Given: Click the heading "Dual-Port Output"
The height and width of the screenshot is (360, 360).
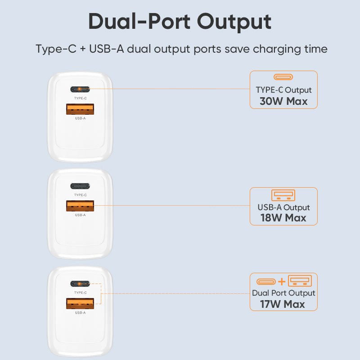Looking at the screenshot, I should point(180,22).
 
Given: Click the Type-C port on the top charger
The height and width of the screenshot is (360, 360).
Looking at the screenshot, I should point(80,89).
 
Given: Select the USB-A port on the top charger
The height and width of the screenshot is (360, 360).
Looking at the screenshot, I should point(80,109).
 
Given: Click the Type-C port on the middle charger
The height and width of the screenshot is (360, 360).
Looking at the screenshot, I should point(80,186).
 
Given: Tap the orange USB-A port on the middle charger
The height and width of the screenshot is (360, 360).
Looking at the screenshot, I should point(80,206).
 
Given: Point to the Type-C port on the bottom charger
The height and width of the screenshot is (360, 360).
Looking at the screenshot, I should point(80,283).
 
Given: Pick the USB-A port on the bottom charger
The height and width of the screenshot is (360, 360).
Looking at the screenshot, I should point(80,304).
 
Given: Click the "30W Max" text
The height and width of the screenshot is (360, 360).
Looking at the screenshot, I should point(283,101).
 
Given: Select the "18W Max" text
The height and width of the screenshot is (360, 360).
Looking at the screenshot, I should point(283,218).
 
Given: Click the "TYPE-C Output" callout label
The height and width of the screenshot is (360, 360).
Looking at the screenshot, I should point(283,90).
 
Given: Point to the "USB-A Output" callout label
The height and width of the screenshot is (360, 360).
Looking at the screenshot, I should point(283,207).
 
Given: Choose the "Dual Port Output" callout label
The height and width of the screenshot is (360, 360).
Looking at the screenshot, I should point(283,293).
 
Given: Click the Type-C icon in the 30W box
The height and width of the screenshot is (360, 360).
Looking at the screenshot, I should point(283,77).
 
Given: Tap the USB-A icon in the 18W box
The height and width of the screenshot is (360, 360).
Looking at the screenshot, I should point(283,195).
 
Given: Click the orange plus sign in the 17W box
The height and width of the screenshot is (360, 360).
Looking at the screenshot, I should point(282,282).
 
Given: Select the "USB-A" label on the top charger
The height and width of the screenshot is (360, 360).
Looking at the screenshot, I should point(80,118).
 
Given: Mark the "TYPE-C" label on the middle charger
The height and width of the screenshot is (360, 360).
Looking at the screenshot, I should point(80,195).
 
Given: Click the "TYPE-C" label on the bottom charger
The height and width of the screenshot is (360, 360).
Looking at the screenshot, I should point(80,292).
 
